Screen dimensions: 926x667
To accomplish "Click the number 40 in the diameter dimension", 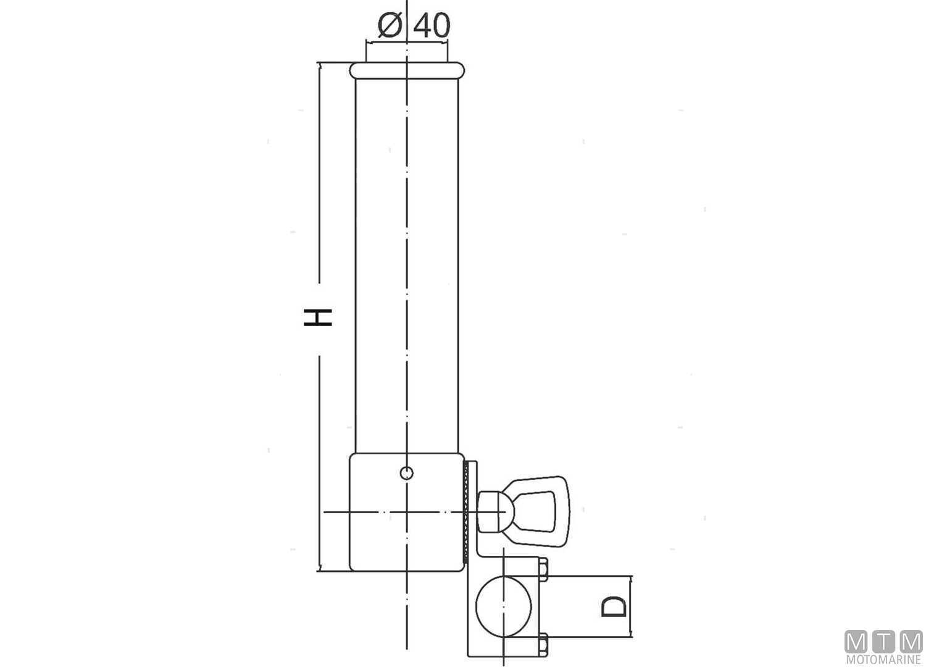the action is pos(432,26).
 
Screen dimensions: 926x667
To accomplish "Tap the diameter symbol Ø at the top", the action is pos(390,26).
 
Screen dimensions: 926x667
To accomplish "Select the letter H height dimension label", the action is pos(318,317).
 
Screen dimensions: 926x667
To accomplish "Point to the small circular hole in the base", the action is pos(407,472).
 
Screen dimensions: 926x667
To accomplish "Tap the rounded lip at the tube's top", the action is pos(407,70).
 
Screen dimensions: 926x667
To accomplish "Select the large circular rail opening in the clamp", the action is pos(504,606).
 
